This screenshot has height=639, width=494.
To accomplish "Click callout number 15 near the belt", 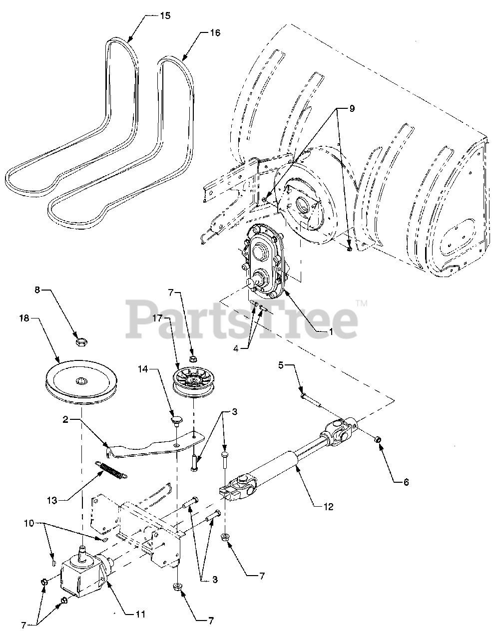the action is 165,15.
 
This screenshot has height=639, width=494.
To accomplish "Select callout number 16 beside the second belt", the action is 214,33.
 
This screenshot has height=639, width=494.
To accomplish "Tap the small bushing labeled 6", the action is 378,439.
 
